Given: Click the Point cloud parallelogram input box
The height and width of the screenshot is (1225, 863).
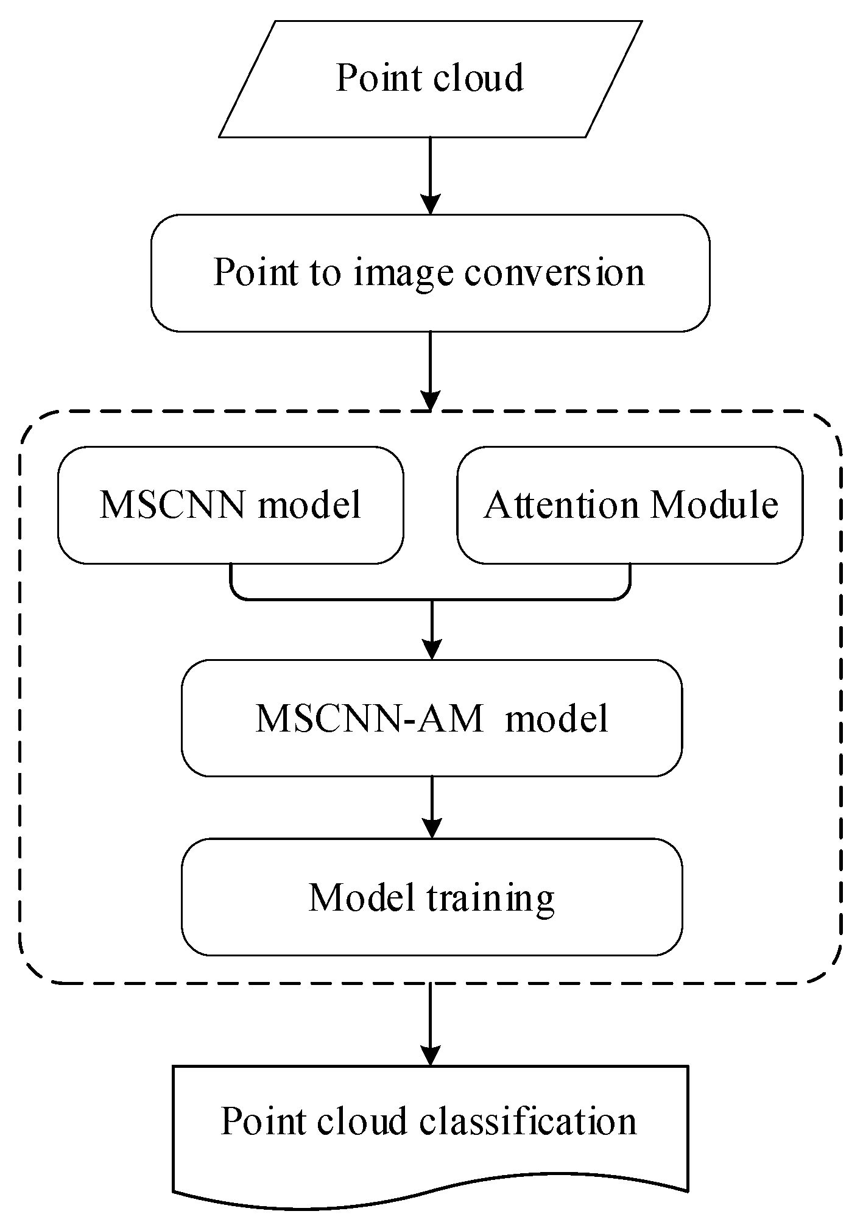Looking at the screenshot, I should (x=430, y=79).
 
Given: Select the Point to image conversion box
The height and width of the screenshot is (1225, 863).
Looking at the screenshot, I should (x=430, y=272).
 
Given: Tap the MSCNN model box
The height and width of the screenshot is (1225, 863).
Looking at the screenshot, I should (x=230, y=505).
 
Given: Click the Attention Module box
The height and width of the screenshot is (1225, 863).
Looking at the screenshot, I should (x=630, y=505).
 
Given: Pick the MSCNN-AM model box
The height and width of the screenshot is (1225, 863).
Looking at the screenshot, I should (x=431, y=718).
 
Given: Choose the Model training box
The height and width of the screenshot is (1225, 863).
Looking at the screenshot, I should (x=431, y=897).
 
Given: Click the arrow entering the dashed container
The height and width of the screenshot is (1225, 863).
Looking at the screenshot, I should (x=431, y=372).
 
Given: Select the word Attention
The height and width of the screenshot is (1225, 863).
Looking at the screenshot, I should (x=561, y=505).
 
